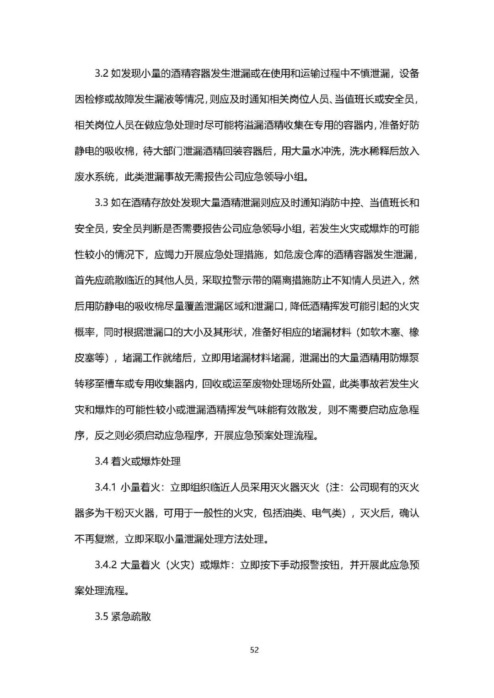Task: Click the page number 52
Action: point(255,650)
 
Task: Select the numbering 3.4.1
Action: point(106,487)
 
